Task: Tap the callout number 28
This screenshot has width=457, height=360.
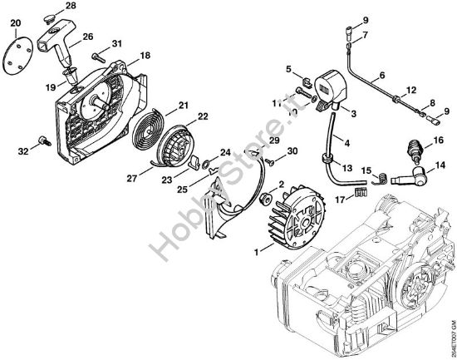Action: [x=70, y=7]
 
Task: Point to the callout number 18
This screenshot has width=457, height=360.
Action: [x=145, y=55]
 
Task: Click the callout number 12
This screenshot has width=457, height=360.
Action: [x=410, y=89]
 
